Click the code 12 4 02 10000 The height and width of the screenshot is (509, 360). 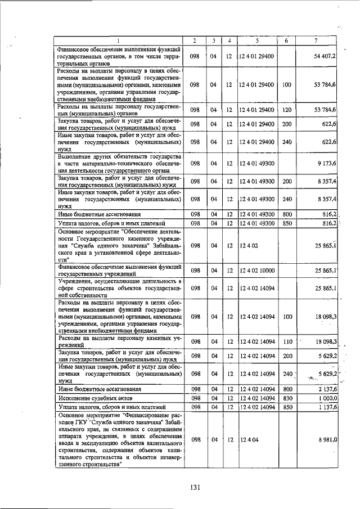(x=256, y=271)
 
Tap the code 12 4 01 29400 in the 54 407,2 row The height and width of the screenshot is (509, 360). (x=256, y=57)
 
